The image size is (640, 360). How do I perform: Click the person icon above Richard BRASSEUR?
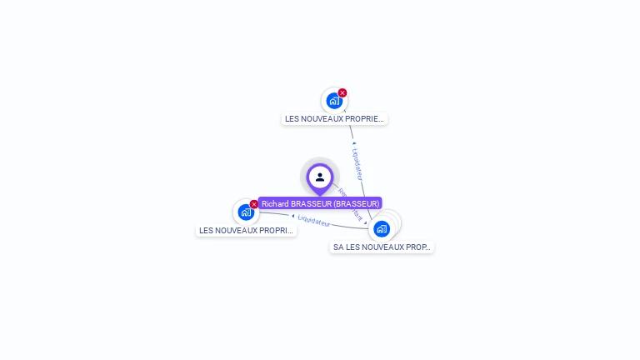pyautogui.click(x=320, y=177)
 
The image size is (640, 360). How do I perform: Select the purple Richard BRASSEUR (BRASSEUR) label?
pyautogui.click(x=320, y=203)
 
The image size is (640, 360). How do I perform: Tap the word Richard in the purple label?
pyautogui.click(x=275, y=203)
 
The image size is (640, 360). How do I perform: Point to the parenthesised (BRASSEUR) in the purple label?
pyautogui.click(x=357, y=203)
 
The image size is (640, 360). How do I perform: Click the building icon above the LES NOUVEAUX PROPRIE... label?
pyautogui.click(x=334, y=101)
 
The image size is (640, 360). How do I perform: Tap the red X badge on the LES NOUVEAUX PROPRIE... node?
pyautogui.click(x=342, y=93)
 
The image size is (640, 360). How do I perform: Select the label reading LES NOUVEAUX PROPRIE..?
pyautogui.click(x=334, y=119)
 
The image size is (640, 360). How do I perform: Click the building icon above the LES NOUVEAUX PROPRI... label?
pyautogui.click(x=246, y=212)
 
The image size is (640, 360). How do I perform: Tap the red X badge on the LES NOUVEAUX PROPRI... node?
pyautogui.click(x=254, y=204)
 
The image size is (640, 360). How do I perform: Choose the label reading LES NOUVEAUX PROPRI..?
pyautogui.click(x=246, y=231)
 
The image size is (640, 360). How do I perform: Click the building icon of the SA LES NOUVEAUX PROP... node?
pyautogui.click(x=382, y=228)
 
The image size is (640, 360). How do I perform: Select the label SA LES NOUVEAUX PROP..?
pyautogui.click(x=382, y=247)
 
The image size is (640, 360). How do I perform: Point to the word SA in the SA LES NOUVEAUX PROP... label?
pyautogui.click(x=338, y=247)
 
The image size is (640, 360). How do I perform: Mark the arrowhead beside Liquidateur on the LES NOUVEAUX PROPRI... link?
pyautogui.click(x=293, y=217)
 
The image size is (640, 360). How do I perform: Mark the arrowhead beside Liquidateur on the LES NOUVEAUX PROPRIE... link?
pyautogui.click(x=354, y=143)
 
